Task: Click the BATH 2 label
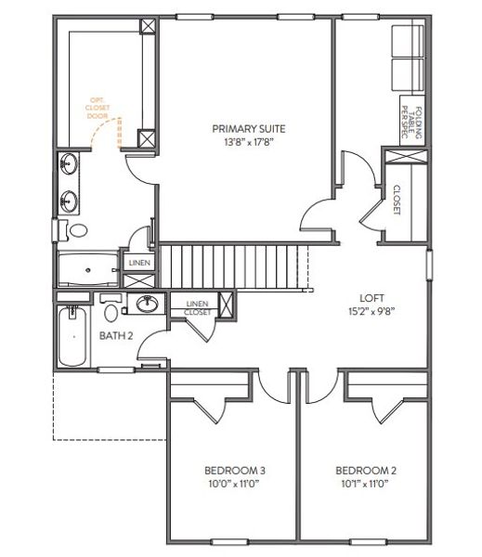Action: point(116,335)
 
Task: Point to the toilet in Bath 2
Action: point(111,302)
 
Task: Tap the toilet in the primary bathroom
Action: point(76,229)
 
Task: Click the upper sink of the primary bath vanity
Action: point(69,166)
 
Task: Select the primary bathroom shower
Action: point(87,269)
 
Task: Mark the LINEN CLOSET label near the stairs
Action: point(197,307)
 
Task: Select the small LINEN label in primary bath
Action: point(139,264)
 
